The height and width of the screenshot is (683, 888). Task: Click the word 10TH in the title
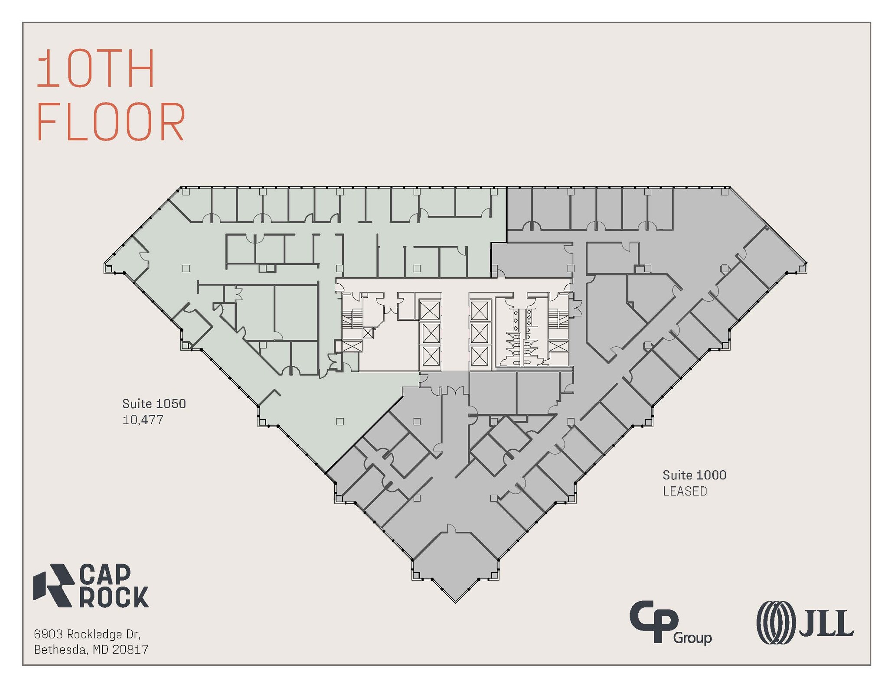(x=95, y=68)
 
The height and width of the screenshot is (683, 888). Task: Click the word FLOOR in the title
(x=111, y=122)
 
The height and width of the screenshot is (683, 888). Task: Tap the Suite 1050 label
(x=154, y=403)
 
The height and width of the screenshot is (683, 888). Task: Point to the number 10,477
(x=143, y=420)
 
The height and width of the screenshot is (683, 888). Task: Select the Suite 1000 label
(x=694, y=475)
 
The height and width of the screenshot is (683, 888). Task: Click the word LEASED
(x=685, y=491)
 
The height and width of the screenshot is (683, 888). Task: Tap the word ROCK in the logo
(x=114, y=597)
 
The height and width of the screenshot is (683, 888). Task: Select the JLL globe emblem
(x=776, y=622)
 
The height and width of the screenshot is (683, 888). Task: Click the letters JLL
(x=826, y=623)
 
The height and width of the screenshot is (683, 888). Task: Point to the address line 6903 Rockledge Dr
(x=87, y=634)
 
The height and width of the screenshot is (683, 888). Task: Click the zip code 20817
(x=130, y=650)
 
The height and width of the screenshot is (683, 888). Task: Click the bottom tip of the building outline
(x=455, y=603)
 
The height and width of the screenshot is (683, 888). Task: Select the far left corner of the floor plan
(x=104, y=263)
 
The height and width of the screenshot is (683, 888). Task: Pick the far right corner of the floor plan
(x=807, y=263)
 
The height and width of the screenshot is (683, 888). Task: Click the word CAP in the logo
(x=105, y=574)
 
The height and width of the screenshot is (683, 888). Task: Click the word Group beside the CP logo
(x=692, y=638)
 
